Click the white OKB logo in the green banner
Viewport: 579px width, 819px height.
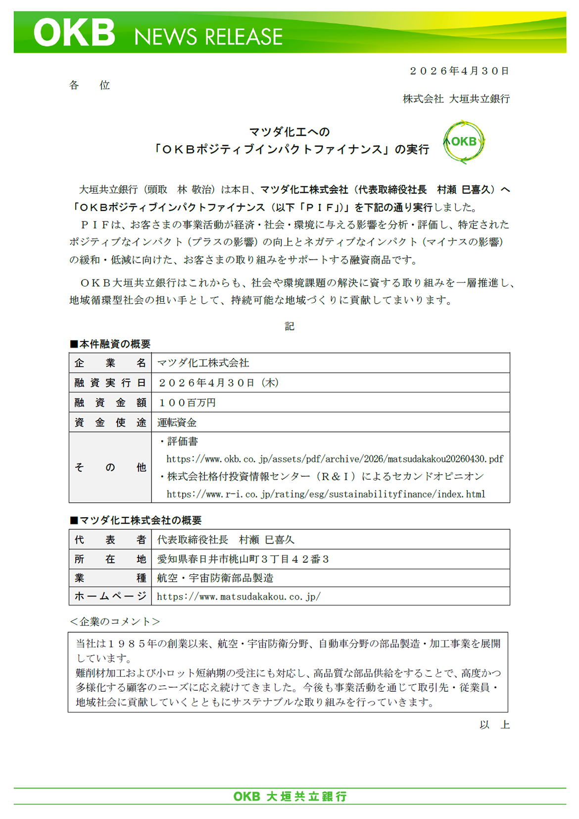click(74, 33)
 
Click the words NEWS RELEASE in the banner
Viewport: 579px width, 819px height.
click(208, 37)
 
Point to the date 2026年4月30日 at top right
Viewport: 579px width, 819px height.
click(459, 71)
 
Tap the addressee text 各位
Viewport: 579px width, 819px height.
click(90, 85)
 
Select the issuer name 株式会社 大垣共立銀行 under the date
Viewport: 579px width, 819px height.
click(456, 99)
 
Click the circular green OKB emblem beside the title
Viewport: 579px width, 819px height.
click(464, 142)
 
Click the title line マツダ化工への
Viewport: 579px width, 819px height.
click(289, 132)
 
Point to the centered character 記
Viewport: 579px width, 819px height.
click(289, 326)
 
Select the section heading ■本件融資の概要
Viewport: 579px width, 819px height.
click(110, 344)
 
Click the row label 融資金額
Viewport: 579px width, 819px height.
click(110, 402)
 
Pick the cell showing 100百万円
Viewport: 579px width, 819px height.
click(187, 402)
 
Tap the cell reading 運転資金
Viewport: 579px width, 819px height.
click(177, 422)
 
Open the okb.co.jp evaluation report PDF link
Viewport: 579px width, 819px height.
click(335, 459)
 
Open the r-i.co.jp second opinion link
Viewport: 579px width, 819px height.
click(326, 494)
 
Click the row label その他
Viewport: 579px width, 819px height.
click(110, 467)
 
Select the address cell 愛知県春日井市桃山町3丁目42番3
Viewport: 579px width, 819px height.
click(243, 559)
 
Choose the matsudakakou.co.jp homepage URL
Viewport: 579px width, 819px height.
click(239, 597)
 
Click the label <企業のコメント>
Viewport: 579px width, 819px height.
click(115, 621)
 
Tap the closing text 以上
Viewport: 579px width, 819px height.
click(494, 725)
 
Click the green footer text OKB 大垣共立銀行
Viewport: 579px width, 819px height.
click(290, 796)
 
